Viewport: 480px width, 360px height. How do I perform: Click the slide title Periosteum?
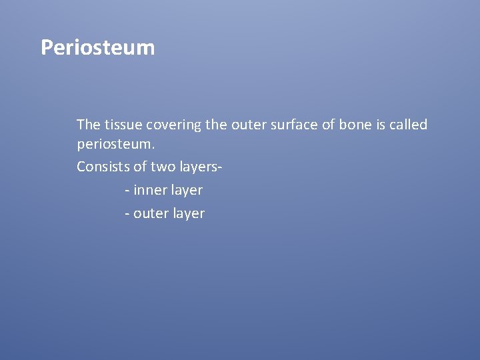pyautogui.click(x=97, y=48)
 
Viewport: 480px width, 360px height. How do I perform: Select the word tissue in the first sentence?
pyautogui.click(x=120, y=125)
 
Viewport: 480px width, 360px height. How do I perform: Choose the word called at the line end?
pyautogui.click(x=409, y=125)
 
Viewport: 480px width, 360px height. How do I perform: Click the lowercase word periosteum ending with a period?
pyautogui.click(x=115, y=144)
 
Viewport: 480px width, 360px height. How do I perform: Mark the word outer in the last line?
pyautogui.click(x=150, y=214)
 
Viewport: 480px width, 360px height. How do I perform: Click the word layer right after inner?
pyautogui.click(x=185, y=191)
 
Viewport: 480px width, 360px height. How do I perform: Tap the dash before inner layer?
pyautogui.click(x=127, y=191)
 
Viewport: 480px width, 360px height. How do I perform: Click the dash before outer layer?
pyautogui.click(x=127, y=215)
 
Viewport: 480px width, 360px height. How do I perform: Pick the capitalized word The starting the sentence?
pyautogui.click(x=87, y=125)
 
